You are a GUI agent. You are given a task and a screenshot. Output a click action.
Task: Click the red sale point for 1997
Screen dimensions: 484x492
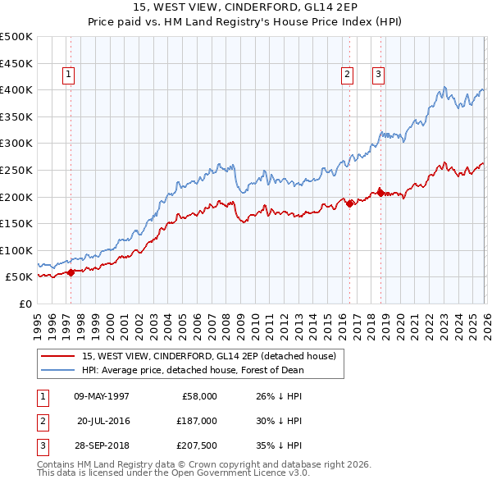[x=71, y=273]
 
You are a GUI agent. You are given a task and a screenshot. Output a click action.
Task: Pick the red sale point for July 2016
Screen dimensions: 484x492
[x=349, y=203]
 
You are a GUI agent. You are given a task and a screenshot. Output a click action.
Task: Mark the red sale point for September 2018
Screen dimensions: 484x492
[x=380, y=192]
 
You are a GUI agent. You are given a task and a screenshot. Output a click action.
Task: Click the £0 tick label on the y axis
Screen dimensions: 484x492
[x=25, y=304]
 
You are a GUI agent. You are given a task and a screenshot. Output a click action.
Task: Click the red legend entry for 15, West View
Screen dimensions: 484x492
[x=208, y=357]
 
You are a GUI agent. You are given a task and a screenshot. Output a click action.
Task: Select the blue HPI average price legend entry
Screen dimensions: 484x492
[x=193, y=370]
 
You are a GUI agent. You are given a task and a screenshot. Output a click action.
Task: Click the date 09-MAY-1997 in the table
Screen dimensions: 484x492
[x=101, y=396]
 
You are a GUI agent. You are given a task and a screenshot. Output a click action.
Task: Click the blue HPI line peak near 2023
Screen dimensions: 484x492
[x=444, y=87]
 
